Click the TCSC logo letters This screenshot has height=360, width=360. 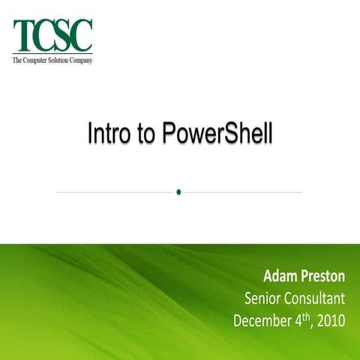52,36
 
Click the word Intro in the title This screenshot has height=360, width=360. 107,136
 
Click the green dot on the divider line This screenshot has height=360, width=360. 178,192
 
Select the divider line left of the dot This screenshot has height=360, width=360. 112,192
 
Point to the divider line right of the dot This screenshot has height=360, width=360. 244,192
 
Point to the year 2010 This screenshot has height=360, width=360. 331,322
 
